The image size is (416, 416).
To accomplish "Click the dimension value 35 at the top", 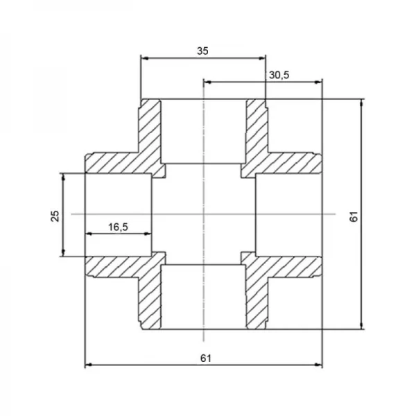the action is pos(202,51).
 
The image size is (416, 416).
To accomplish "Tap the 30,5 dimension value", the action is pos(279,75).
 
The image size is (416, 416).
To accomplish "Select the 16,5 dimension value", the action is pos(118,227).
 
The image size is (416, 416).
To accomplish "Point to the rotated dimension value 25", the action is pos(55,216).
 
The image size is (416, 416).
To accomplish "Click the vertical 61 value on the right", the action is pos(354,216).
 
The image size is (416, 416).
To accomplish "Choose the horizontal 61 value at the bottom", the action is pos(206,358).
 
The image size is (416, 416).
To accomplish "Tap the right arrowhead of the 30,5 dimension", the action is pos(318,83).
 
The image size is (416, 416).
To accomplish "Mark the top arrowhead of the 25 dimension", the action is pos(63,177).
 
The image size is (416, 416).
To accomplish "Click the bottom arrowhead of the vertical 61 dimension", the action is pos(361,326).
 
